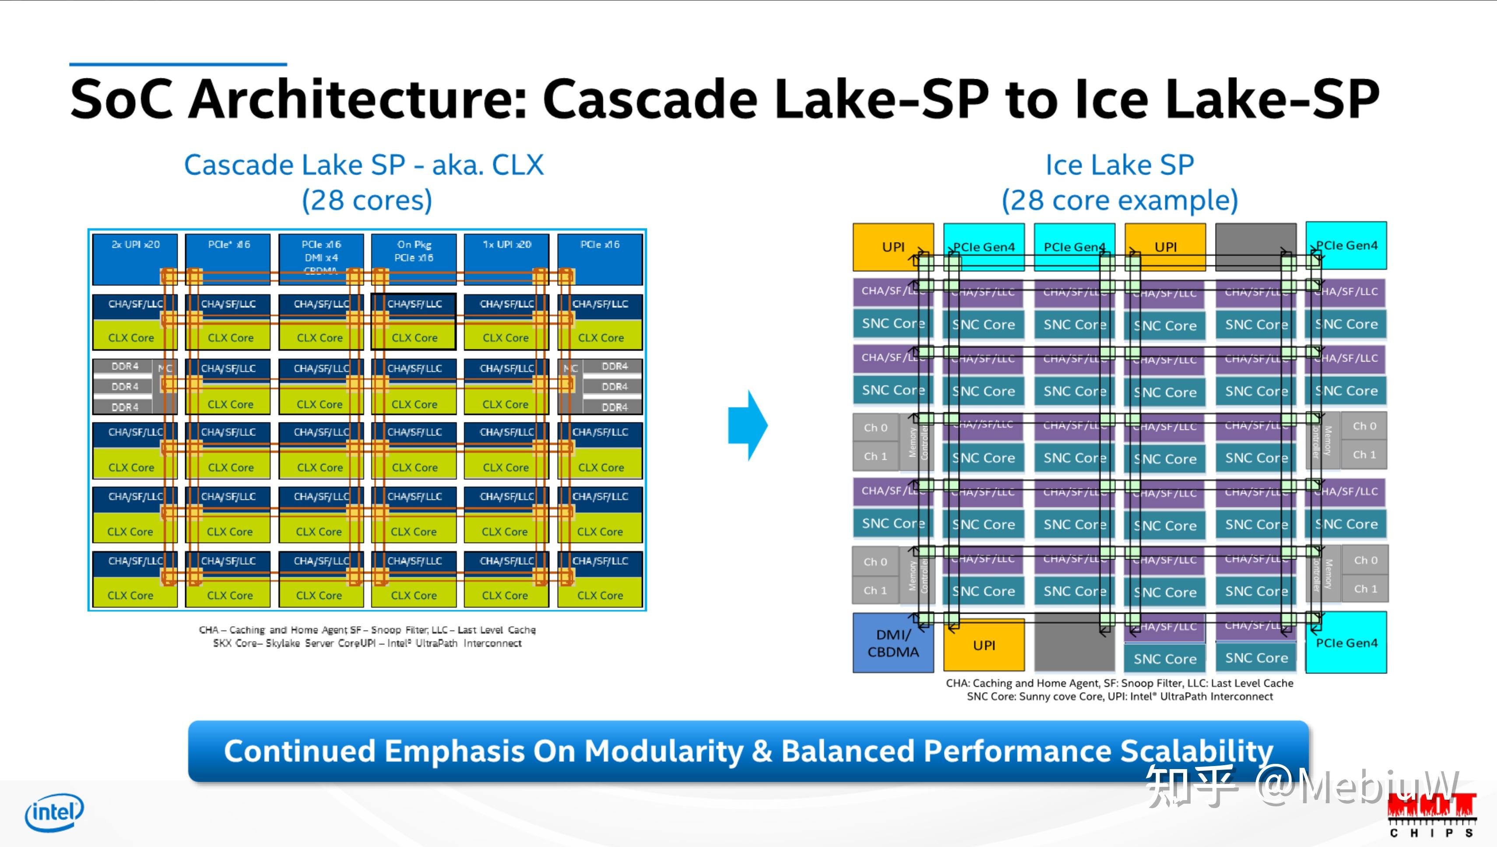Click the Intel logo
click(x=54, y=812)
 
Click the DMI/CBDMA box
click(x=893, y=643)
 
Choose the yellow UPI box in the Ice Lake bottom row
click(x=984, y=645)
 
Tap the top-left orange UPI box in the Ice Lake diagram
click(x=893, y=246)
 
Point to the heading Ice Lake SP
click(x=1120, y=165)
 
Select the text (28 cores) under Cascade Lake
click(x=367, y=200)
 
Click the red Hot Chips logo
click(x=1431, y=812)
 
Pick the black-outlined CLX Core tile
click(x=414, y=337)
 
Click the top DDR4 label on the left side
click(x=125, y=366)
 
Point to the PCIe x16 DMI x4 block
click(x=321, y=256)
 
